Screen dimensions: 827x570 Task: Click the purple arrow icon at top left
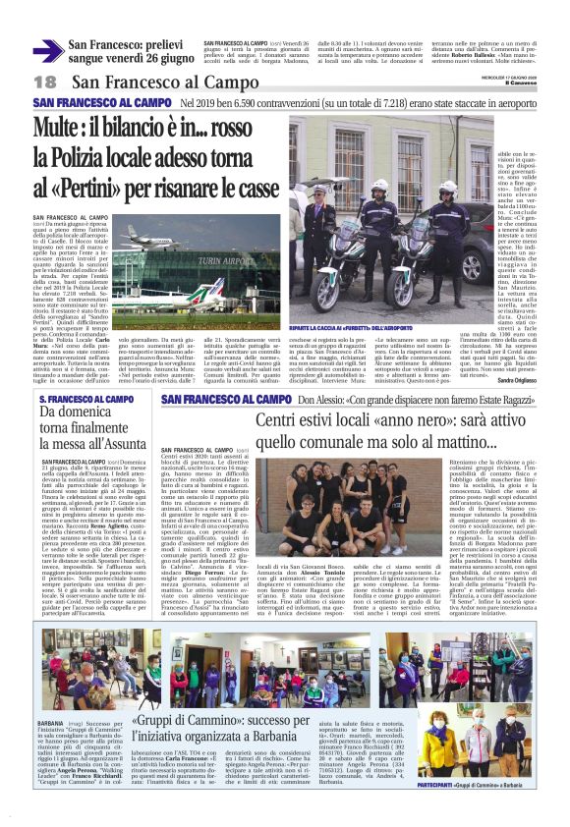click(x=47, y=51)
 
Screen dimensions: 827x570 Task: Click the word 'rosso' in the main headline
click(x=256, y=127)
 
